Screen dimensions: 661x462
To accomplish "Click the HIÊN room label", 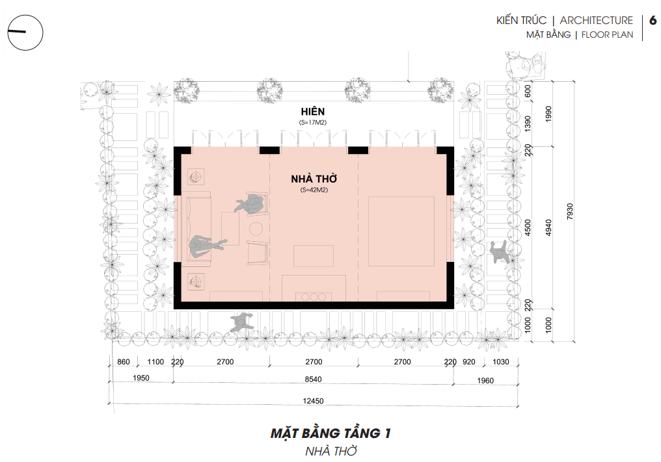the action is (x=313, y=111).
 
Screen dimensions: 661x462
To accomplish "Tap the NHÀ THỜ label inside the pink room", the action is (x=314, y=179).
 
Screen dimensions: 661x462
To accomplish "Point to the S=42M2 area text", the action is (x=314, y=190).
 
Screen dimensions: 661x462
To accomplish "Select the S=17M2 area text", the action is (x=313, y=123).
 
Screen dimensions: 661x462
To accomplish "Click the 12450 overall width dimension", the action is (x=313, y=401).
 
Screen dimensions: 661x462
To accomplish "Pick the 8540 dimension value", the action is (x=313, y=379).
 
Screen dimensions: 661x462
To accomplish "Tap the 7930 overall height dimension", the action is (x=570, y=211).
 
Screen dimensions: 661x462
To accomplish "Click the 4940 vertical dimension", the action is (x=548, y=227).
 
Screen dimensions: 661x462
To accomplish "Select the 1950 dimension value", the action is (x=141, y=378).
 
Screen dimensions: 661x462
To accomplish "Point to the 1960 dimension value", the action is (x=485, y=381).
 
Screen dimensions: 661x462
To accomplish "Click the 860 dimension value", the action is (x=124, y=362).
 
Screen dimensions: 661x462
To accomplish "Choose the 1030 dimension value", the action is (x=501, y=362).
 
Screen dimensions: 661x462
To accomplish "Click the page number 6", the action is (x=653, y=20).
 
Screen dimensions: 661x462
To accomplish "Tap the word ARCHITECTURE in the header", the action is (x=596, y=20).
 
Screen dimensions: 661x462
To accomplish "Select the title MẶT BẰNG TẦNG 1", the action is (x=331, y=433).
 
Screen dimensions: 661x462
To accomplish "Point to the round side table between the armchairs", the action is (x=256, y=229).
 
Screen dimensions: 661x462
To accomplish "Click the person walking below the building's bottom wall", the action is (x=241, y=322).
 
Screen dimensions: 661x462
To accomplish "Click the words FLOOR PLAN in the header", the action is (x=607, y=35).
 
